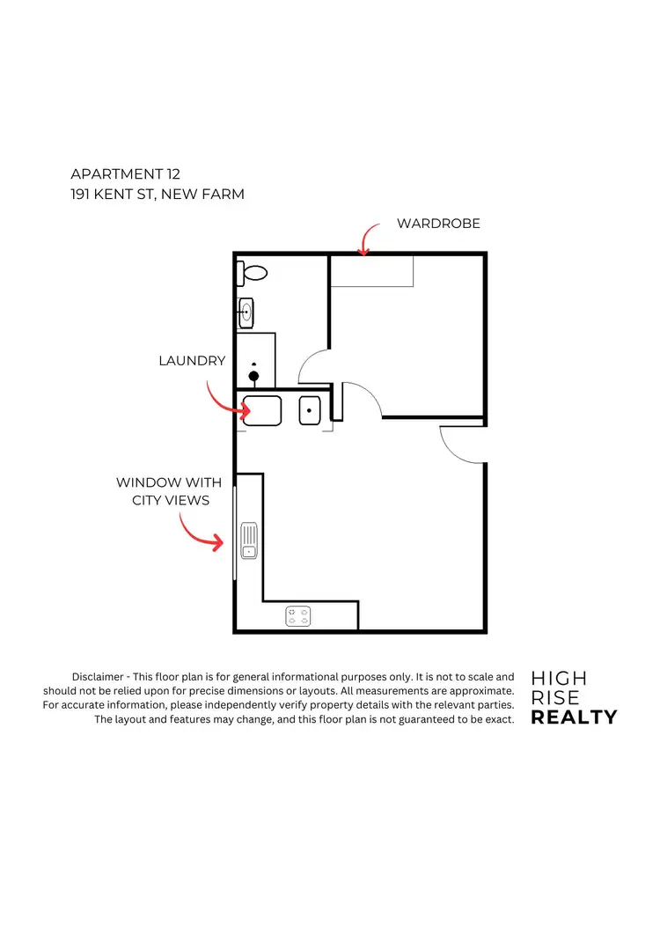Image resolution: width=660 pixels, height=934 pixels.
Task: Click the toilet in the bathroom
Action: click(x=252, y=273)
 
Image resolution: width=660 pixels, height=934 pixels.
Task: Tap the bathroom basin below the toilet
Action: click(x=246, y=310)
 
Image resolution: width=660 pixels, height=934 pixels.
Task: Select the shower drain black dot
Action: click(x=254, y=376)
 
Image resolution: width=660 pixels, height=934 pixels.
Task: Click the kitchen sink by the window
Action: click(x=249, y=540)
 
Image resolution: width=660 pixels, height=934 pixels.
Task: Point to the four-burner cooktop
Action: click(x=299, y=616)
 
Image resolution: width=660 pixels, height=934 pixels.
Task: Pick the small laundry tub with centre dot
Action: click(x=310, y=411)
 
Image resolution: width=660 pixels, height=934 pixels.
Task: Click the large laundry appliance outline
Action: click(x=262, y=411)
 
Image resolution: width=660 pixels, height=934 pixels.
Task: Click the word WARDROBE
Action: click(x=438, y=224)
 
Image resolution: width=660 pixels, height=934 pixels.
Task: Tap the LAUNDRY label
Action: click(x=192, y=361)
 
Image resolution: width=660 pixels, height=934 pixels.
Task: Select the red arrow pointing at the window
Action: click(x=201, y=531)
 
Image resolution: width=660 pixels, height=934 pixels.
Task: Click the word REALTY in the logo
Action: click(x=574, y=717)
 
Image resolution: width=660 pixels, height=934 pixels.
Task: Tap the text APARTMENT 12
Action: click(x=125, y=174)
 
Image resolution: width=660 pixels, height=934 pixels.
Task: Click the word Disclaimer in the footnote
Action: click(x=99, y=677)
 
